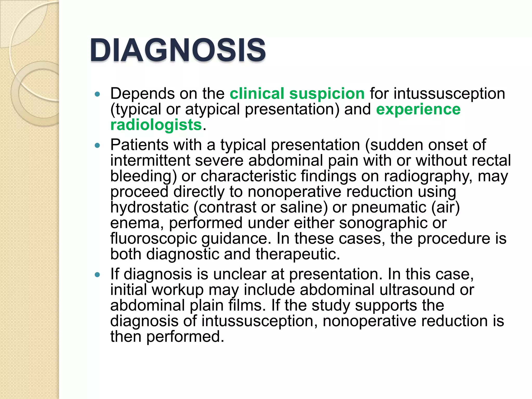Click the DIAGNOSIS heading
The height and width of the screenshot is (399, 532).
[x=178, y=50]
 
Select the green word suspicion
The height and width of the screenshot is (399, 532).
[x=327, y=94]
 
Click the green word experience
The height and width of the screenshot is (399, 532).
[x=418, y=109]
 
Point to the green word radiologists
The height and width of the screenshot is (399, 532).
[x=156, y=125]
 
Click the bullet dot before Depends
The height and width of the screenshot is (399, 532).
[x=97, y=94]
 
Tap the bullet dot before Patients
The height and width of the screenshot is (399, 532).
[x=97, y=145]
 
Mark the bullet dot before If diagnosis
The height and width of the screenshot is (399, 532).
[x=97, y=275]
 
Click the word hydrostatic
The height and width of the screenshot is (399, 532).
[x=149, y=207]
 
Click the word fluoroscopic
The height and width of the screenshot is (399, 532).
[x=154, y=238]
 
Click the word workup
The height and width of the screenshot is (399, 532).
[x=177, y=290]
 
